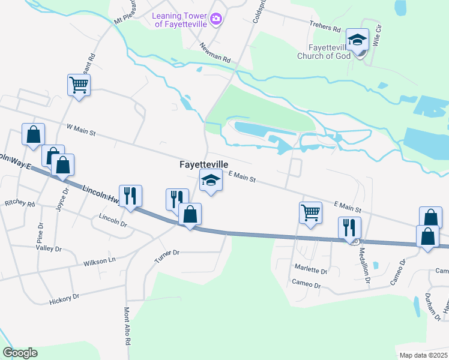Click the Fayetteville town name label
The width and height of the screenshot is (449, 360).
[204, 163]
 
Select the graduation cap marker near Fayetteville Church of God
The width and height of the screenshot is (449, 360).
[357, 40]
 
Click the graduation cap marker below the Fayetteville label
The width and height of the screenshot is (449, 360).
[210, 180]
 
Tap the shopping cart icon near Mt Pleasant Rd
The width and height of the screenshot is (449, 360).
[79, 85]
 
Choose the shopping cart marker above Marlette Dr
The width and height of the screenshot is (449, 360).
[310, 212]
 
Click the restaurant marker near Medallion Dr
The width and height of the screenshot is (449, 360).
[349, 227]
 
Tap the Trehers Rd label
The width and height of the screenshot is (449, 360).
[325, 28]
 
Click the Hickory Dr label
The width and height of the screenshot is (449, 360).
[64, 297]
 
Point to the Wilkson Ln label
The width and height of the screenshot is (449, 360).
[99, 261]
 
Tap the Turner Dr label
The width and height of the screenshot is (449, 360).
[167, 253]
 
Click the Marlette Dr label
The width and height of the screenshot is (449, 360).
[310, 271]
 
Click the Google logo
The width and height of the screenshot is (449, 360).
[20, 352]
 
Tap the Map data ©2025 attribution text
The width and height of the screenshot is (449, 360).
[424, 355]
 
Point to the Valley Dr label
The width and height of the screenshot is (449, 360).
[49, 247]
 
